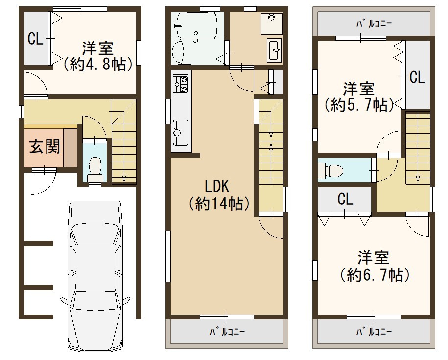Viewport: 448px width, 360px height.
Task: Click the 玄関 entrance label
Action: [x=45, y=147]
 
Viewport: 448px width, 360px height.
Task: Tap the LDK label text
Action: [x=217, y=186]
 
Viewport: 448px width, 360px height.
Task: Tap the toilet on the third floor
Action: [x=330, y=171]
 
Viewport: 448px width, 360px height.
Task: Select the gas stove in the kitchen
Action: [x=180, y=84]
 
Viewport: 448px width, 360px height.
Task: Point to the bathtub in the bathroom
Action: [x=196, y=25]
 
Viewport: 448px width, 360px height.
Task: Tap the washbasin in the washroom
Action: [x=275, y=50]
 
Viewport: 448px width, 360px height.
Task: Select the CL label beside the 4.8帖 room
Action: [x=36, y=38]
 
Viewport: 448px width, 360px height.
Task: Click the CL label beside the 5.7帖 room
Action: [x=418, y=77]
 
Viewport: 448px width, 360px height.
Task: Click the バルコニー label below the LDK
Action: [x=228, y=332]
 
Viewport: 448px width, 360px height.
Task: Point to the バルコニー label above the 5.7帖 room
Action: [x=374, y=23]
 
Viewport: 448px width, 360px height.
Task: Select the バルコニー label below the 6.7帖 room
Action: [x=374, y=332]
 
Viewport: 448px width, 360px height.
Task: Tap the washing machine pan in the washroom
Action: [x=271, y=23]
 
